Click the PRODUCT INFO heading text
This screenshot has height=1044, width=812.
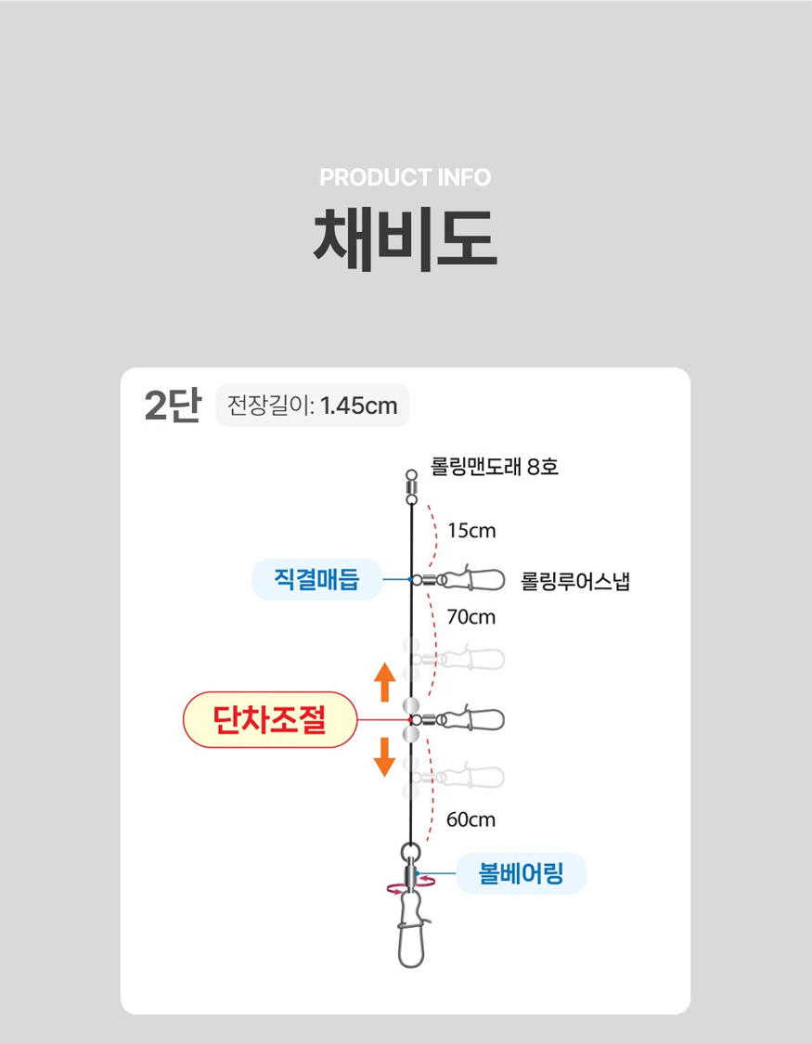[406, 177]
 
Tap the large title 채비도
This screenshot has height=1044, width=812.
[406, 239]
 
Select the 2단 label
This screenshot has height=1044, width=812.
[173, 405]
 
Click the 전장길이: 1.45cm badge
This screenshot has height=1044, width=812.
[312, 406]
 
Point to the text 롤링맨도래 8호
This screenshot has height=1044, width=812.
[495, 466]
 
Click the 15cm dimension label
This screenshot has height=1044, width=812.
[472, 531]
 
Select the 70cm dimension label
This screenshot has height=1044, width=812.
[471, 617]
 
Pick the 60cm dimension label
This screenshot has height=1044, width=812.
[470, 819]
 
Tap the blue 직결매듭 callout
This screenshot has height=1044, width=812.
[316, 579]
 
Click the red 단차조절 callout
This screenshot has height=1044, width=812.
[269, 720]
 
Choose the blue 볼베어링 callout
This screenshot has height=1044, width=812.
[522, 873]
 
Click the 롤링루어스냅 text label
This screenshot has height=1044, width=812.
[575, 581]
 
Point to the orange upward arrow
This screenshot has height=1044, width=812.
[385, 682]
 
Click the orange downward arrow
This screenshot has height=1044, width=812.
[385, 757]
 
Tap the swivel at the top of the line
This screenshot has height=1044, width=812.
[411, 487]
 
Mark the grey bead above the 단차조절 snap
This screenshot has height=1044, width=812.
[411, 704]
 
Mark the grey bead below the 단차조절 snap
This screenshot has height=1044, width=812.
[411, 735]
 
